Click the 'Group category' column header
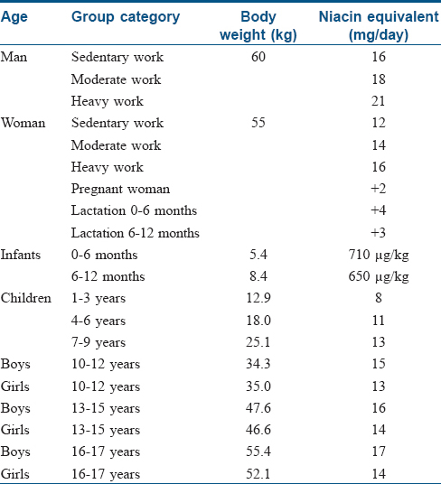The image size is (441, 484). [126, 17]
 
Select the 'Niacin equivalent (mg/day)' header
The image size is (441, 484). [379, 25]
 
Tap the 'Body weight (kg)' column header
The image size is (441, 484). [258, 25]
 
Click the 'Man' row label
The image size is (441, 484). [14, 57]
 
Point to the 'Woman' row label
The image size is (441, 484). [23, 123]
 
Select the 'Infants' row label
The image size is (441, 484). [21, 255]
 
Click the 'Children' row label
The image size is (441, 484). [26, 298]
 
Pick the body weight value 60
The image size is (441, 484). [258, 57]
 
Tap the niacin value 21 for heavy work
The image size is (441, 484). [379, 101]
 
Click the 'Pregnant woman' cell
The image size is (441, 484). [120, 189]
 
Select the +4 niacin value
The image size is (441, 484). [379, 210]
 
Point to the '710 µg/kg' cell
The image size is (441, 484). [379, 256]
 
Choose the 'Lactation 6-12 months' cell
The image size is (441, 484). [136, 233]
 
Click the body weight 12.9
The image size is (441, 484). [258, 298]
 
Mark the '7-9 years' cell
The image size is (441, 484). [99, 342]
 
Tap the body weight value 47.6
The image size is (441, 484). [258, 408]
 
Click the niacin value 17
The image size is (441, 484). [379, 451]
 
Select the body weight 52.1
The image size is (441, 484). [258, 474]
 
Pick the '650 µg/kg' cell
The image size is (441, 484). [379, 277]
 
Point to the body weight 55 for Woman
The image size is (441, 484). [258, 123]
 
